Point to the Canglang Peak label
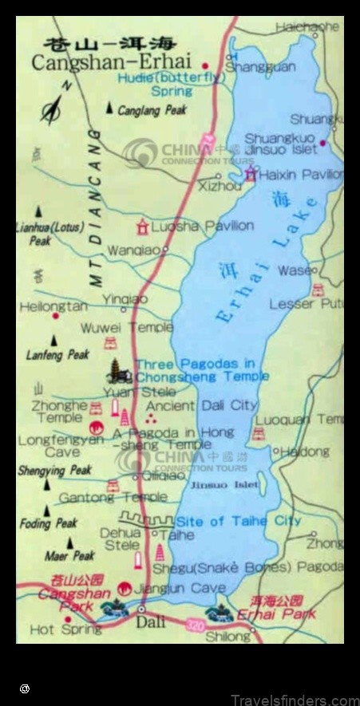[152, 111]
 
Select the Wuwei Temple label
[126, 327]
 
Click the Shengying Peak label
[54, 471]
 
